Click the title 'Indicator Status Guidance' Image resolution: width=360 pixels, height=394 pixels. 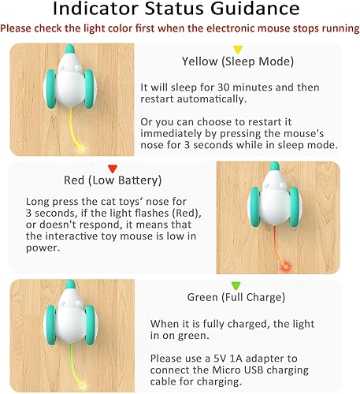pyautogui.click(x=180, y=10)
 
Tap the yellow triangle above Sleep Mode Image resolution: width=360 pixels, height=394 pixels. pyautogui.click(x=237, y=50)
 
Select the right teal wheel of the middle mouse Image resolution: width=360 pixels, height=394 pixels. pyautogui.click(x=305, y=209)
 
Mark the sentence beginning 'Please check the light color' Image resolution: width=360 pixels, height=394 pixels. pyautogui.click(x=180, y=28)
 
